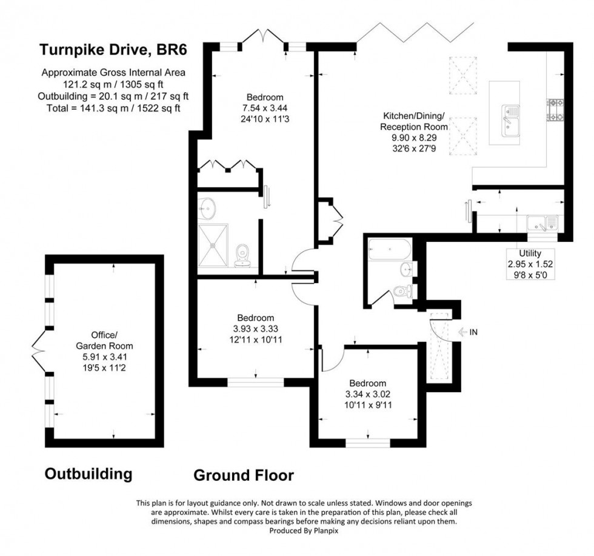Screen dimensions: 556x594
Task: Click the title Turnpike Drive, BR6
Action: click(x=113, y=50)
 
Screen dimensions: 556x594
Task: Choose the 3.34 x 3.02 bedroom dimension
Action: click(x=367, y=394)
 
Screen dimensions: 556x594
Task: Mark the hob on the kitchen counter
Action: click(x=556, y=110)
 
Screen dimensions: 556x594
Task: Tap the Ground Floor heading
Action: click(x=244, y=475)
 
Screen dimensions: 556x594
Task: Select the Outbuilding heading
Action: click(x=88, y=473)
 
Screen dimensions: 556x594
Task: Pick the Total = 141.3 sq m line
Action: click(x=113, y=108)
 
